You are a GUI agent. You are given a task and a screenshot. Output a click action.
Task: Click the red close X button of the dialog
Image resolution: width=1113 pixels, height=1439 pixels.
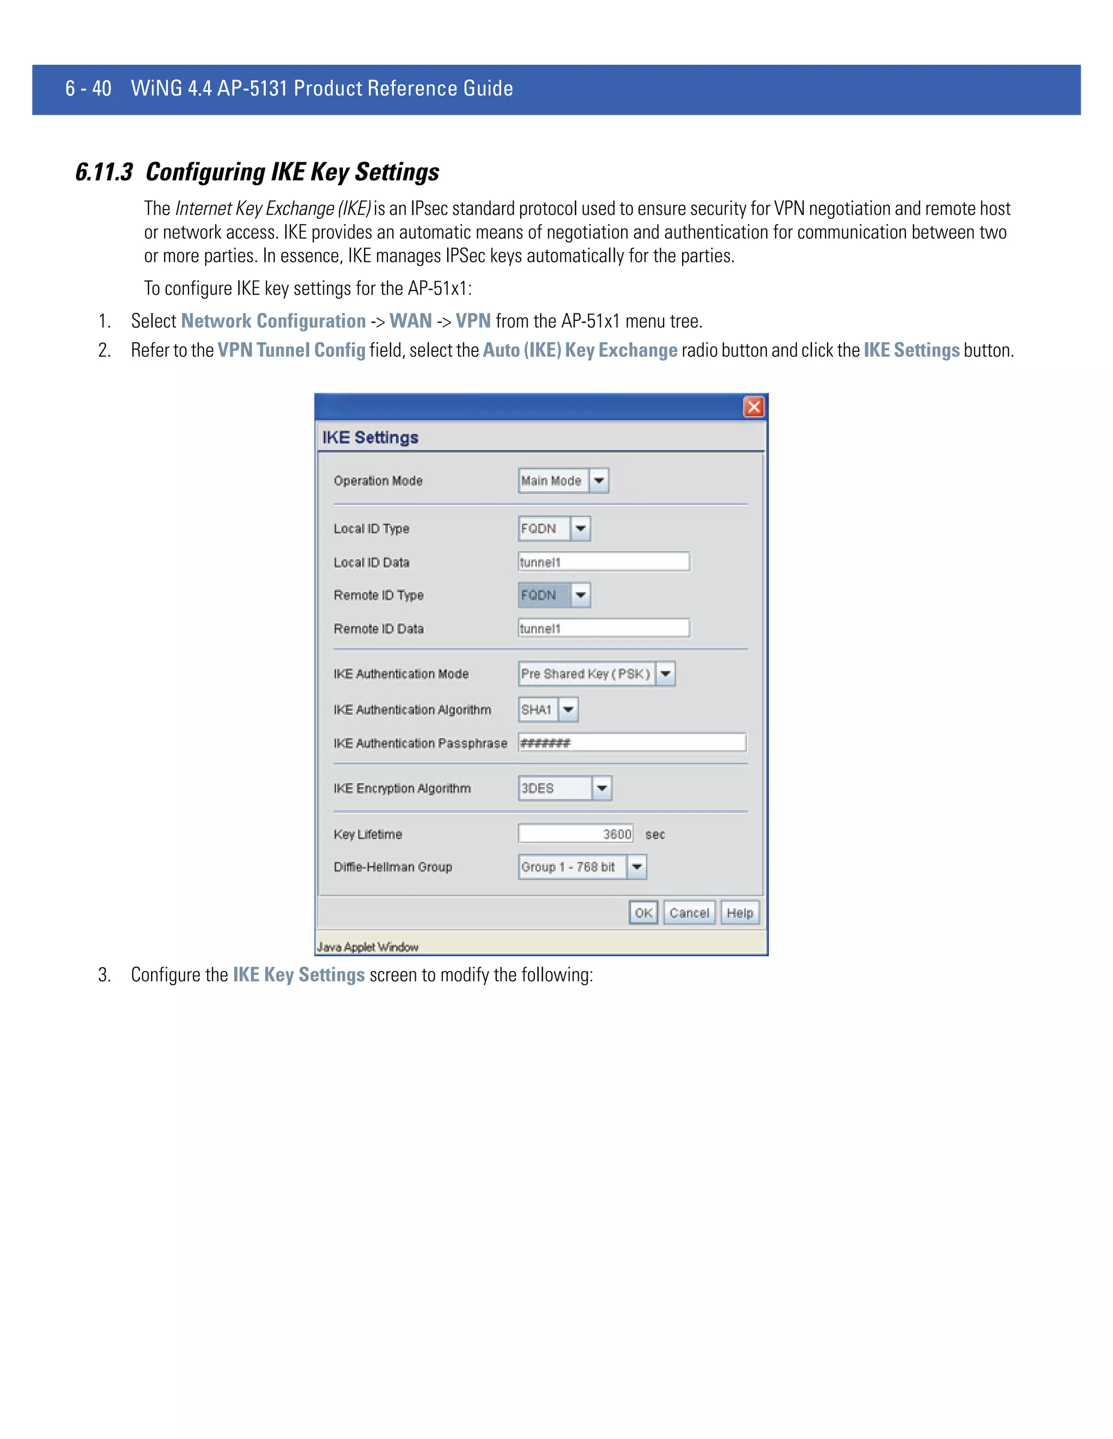[754, 407]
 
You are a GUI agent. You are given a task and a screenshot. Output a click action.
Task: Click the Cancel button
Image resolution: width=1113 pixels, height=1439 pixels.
[689, 913]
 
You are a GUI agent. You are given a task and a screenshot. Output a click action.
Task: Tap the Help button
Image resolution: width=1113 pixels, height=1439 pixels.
[740, 913]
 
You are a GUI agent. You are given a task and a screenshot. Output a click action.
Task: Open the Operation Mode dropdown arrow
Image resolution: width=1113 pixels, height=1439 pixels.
[599, 481]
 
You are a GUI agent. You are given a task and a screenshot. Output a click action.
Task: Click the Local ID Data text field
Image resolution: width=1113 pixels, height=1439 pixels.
[603, 562]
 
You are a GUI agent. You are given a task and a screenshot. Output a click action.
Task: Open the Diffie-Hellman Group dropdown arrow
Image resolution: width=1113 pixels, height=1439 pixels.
[637, 867]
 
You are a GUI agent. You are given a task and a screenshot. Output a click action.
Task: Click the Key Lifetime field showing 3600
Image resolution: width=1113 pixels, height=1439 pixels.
[576, 834]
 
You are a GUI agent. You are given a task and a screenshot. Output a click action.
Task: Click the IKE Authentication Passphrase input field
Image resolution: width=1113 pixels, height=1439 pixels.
[631, 742]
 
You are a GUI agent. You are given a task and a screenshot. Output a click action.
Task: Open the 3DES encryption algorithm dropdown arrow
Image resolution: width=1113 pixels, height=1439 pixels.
[602, 788]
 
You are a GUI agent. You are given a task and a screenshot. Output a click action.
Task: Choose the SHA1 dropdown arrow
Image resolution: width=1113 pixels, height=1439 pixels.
[568, 710]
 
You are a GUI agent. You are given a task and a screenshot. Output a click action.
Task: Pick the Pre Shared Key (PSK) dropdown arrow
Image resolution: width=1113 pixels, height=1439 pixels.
[665, 673]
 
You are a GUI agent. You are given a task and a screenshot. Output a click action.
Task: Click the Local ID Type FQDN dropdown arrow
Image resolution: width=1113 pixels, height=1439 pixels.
[580, 528]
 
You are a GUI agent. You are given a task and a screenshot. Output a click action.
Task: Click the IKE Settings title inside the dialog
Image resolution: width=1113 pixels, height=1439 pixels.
[370, 438]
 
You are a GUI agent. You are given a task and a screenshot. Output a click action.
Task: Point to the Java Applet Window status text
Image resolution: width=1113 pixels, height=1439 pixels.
[368, 947]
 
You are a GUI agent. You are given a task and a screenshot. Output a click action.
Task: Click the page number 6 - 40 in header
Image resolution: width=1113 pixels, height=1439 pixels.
[89, 89]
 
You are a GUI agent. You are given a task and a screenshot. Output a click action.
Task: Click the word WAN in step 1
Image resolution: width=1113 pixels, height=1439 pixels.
[410, 321]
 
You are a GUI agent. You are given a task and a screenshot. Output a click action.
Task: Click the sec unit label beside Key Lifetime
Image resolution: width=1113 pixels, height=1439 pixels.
[655, 834]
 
